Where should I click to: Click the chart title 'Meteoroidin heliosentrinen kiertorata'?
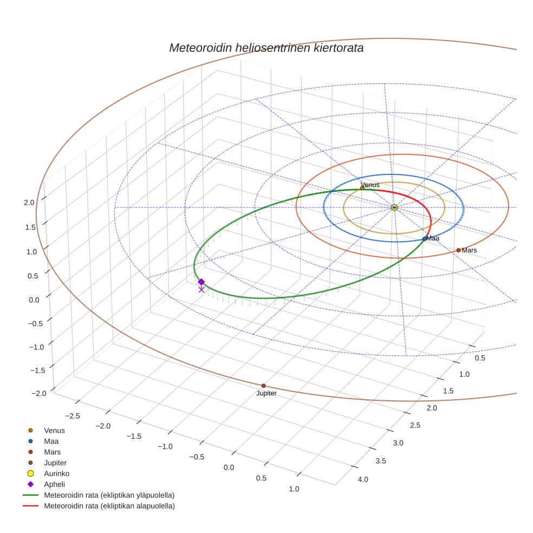266,48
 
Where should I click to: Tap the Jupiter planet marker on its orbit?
264,386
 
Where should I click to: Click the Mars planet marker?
458,250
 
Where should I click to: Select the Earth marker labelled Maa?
425,239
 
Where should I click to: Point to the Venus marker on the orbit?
362,188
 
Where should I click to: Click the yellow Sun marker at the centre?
394,207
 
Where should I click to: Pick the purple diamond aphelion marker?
201,282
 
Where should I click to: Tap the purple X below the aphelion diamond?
201,290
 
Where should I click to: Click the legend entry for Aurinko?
57,473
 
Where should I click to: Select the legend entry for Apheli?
54,484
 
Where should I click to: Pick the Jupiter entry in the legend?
55,463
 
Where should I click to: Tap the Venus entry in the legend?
54,430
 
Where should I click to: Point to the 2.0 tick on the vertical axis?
29,203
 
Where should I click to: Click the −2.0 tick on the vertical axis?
27,393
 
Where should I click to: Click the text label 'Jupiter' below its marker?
266,393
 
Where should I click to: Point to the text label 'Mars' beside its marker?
469,250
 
